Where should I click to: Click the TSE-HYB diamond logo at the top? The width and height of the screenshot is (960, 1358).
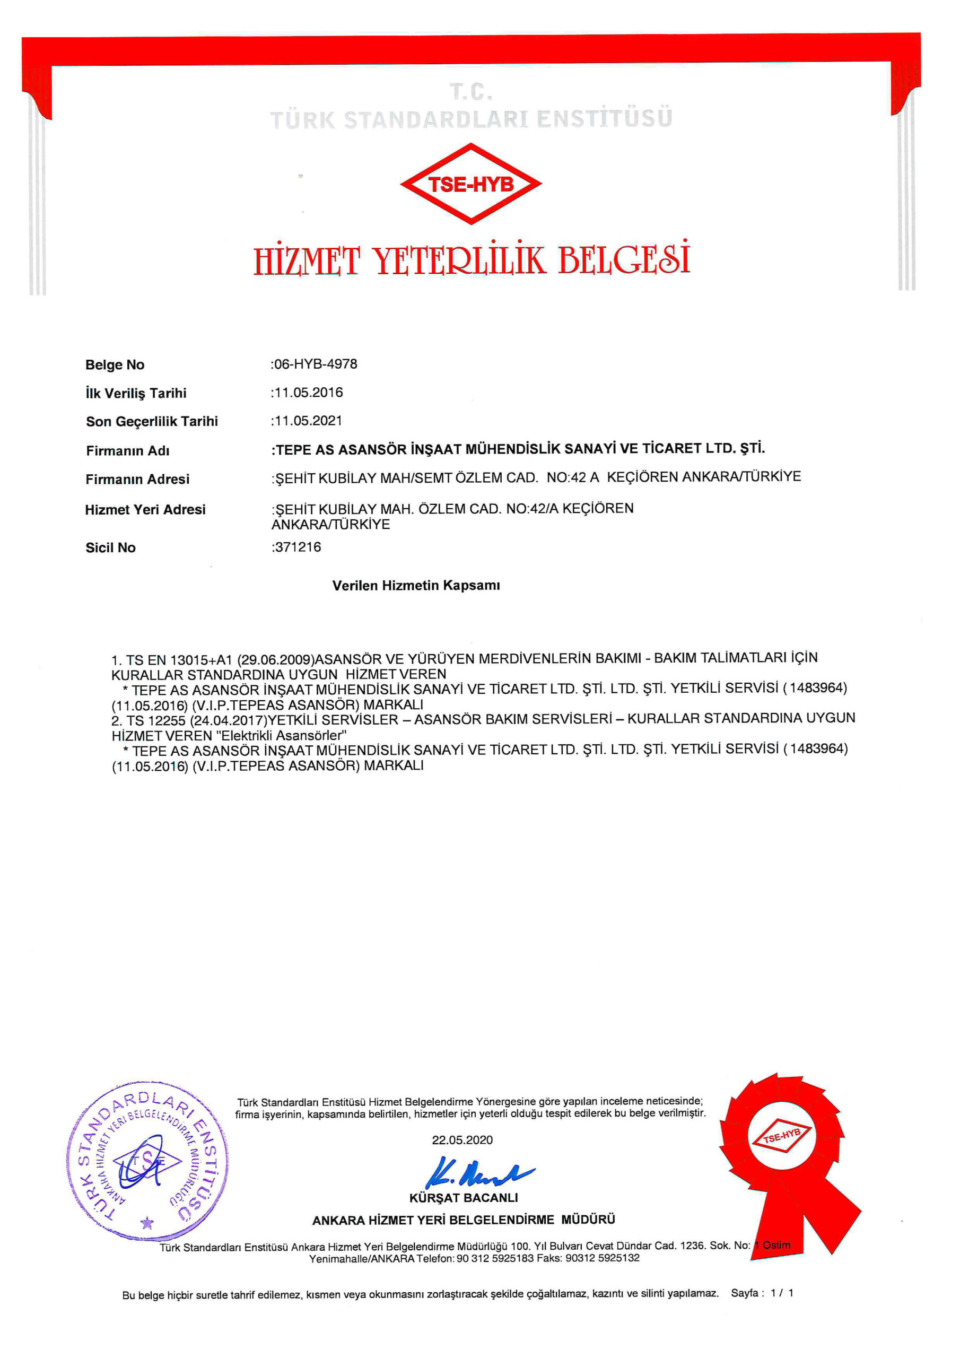click(471, 184)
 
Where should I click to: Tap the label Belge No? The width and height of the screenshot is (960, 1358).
click(115, 365)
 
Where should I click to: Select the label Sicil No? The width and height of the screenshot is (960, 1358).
click(111, 547)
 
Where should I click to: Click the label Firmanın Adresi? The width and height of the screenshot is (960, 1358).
click(137, 479)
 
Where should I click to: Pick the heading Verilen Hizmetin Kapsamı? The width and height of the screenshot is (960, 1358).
click(416, 586)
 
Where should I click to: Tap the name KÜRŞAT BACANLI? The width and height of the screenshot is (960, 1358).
click(463, 1198)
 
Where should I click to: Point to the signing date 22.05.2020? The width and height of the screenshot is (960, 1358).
click(462, 1141)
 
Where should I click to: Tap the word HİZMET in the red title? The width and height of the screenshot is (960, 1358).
click(307, 260)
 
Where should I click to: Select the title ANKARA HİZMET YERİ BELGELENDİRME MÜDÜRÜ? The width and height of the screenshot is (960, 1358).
click(463, 1220)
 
